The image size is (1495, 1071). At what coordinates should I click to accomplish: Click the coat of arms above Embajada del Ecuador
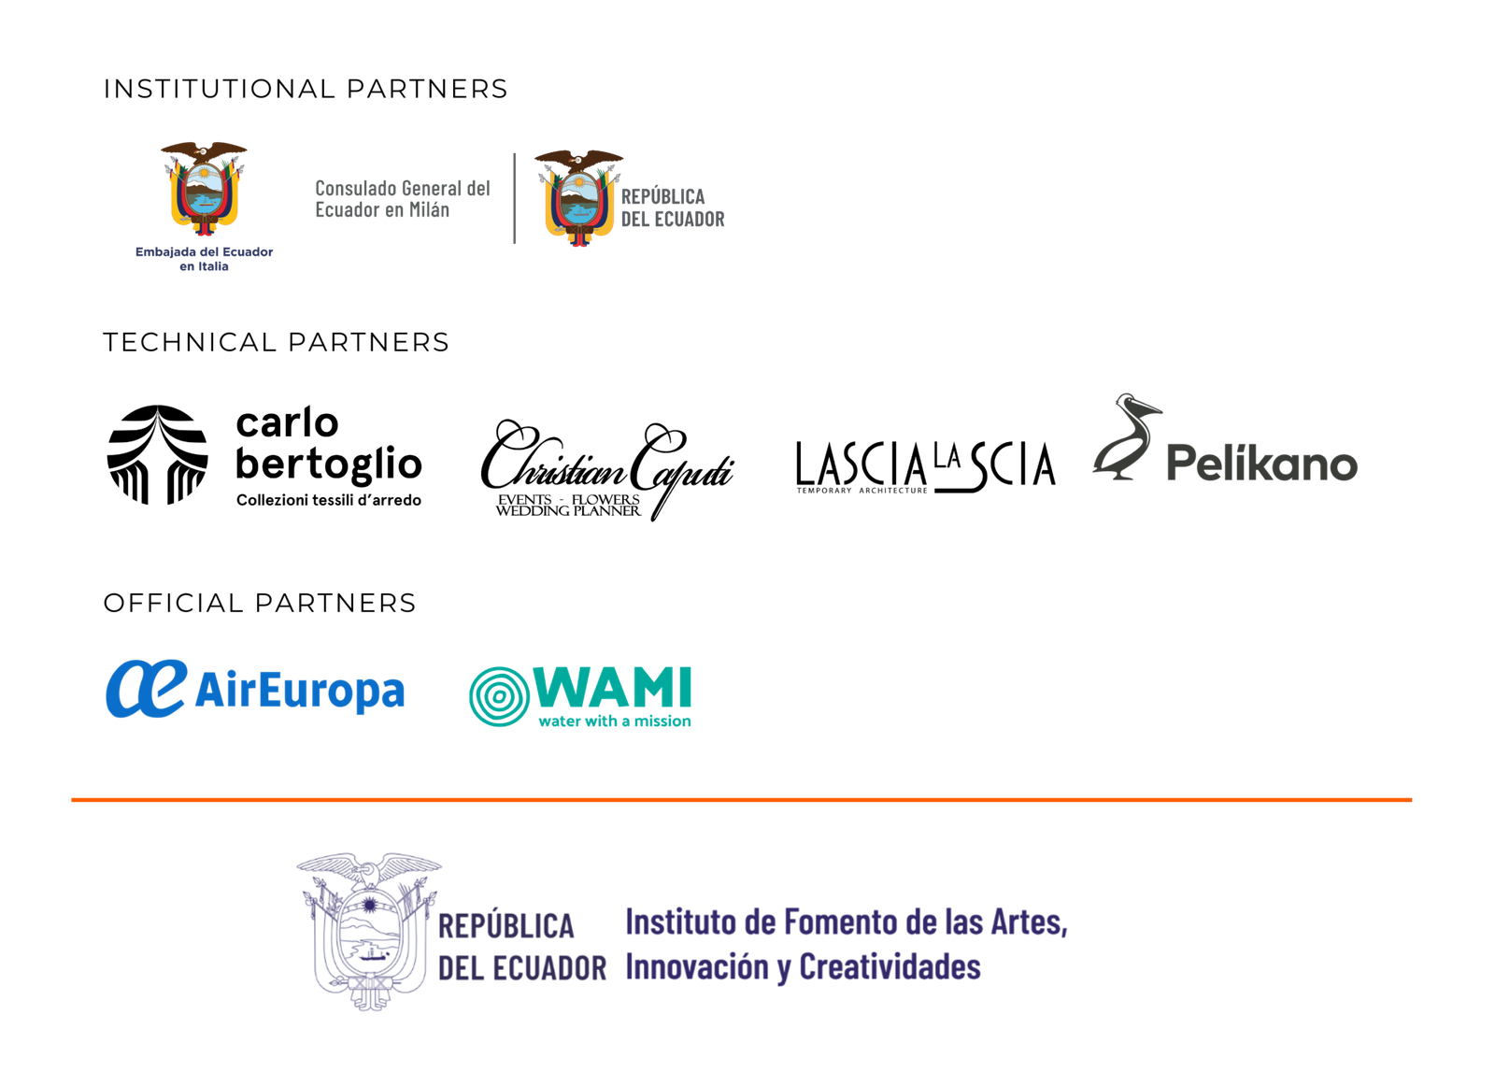[x=204, y=190]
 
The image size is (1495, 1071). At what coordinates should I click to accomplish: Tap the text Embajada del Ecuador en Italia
[x=204, y=259]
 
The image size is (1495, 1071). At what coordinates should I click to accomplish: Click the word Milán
[x=429, y=210]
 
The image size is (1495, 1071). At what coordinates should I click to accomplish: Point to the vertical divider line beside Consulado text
[x=513, y=198]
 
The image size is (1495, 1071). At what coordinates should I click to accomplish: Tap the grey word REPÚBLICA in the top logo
[x=662, y=196]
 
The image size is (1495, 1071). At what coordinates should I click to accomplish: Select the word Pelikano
[x=1261, y=463]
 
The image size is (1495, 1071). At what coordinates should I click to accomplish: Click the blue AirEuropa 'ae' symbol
[x=145, y=689]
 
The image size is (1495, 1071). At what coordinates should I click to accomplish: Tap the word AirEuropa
[x=300, y=692]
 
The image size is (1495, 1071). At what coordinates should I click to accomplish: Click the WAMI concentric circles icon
[x=498, y=696]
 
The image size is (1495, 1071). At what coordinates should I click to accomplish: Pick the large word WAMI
[x=613, y=688]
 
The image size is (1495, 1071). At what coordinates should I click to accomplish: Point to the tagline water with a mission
[x=614, y=721]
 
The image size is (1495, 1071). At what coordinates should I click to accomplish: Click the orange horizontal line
[x=741, y=800]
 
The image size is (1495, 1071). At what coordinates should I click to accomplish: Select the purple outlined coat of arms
[x=368, y=931]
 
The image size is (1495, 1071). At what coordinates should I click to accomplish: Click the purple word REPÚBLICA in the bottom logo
[x=505, y=926]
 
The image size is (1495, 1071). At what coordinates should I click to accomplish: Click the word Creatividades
[x=890, y=966]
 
